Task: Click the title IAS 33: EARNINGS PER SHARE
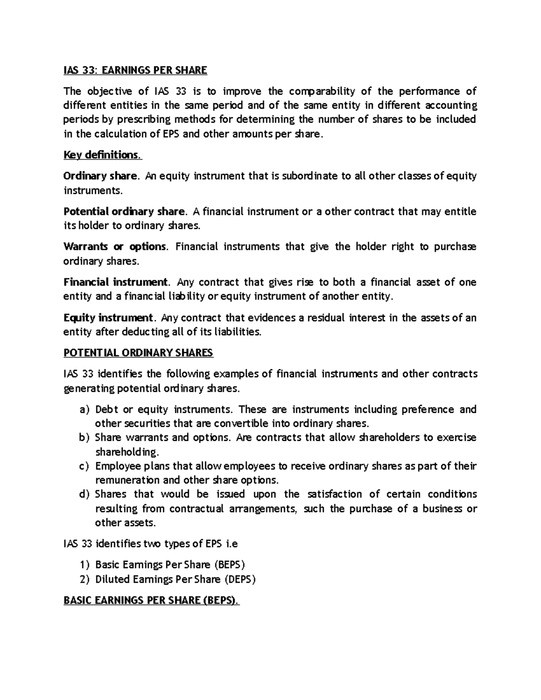coord(135,70)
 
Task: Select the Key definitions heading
coord(102,155)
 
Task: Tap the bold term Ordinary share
coord(100,176)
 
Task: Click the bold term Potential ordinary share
coord(124,211)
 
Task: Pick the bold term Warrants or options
coord(115,247)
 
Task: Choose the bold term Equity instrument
coord(108,318)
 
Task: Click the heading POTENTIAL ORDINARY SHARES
coord(138,353)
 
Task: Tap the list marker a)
coord(84,410)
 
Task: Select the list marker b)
coord(84,438)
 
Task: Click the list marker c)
coord(84,466)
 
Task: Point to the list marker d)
coord(84,494)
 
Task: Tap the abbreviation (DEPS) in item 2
coord(239,579)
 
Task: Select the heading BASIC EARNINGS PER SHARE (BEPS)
coord(151,600)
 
